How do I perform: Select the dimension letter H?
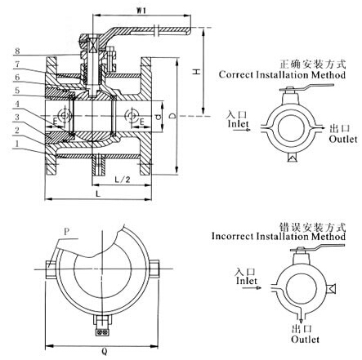click(196, 73)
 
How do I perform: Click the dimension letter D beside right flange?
click(181, 113)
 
